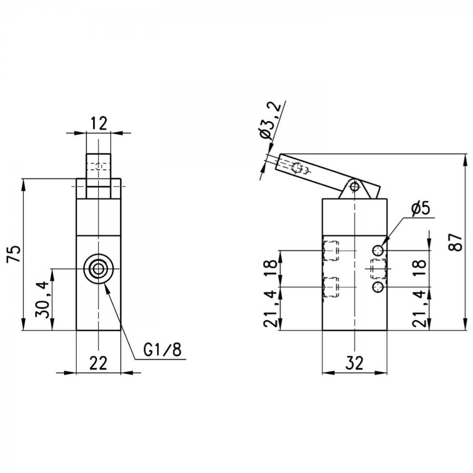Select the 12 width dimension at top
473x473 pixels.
pos(98,124)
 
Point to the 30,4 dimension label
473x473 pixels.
pos(42,300)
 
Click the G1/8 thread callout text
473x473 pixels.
pos(162,350)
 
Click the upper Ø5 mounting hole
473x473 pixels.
pos(378,250)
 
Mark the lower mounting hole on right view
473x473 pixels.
pos(378,287)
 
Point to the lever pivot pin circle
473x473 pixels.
pos(355,187)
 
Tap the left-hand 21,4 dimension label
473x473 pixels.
pos(271,309)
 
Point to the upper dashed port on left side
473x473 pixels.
pos(331,251)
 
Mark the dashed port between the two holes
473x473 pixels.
pos(378,269)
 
